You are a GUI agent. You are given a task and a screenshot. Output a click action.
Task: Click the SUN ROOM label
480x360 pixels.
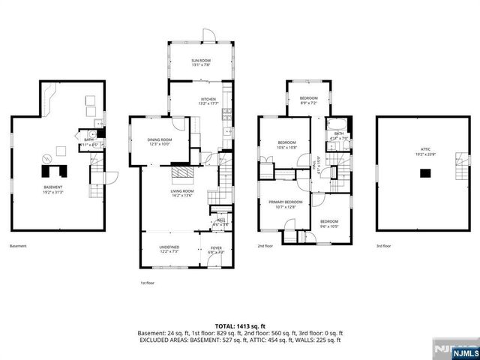click(200, 61)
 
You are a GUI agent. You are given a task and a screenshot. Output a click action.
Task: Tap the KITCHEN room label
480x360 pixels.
click(208, 101)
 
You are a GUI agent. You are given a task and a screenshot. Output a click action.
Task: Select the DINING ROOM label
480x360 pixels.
click(159, 141)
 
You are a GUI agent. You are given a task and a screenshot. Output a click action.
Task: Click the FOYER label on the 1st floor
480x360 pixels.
click(216, 249)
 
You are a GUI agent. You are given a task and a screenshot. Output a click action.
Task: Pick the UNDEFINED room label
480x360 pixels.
click(168, 249)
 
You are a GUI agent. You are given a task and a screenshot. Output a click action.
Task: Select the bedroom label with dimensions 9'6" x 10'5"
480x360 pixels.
click(329, 223)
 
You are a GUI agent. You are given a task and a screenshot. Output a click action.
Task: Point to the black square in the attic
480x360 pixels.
click(424, 173)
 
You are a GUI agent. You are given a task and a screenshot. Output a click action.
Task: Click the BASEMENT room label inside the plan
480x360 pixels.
click(52, 188)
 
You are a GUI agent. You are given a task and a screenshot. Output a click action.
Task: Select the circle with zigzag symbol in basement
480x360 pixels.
click(46, 158)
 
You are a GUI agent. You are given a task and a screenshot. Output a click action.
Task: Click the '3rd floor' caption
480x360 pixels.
click(384, 246)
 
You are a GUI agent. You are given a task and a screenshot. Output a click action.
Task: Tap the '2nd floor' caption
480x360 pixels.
click(265, 246)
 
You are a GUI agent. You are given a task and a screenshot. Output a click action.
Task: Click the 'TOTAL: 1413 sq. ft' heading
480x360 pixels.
click(239, 325)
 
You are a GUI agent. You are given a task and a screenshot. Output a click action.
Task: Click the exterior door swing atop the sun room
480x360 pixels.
click(209, 35)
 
